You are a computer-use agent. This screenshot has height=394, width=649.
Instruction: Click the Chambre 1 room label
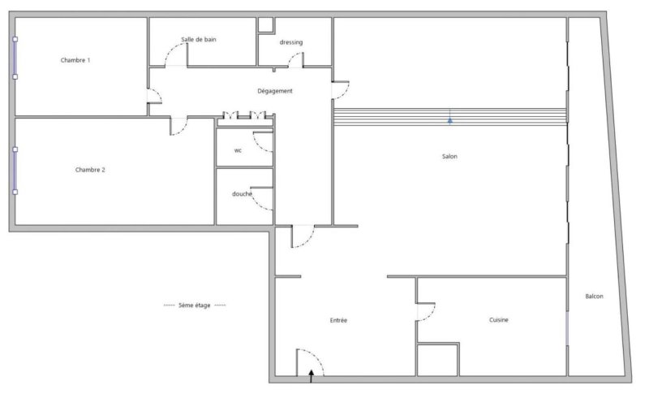75,60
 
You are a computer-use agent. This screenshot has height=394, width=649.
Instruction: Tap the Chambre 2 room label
90,170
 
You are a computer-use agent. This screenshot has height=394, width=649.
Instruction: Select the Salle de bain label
199,39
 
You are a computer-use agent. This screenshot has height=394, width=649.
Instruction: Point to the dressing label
291,42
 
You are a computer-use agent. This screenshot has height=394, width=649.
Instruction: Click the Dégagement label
275,91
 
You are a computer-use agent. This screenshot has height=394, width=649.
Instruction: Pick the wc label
238,150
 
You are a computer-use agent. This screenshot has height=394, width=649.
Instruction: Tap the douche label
242,193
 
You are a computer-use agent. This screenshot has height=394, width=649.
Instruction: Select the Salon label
449,156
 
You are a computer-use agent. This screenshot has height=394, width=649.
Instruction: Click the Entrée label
338,320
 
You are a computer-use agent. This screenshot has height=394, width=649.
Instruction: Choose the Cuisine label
498,320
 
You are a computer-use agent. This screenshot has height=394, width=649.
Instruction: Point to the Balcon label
594,297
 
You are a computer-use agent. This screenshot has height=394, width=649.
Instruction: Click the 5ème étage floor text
195,305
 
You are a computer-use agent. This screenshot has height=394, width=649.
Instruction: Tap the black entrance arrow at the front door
312,376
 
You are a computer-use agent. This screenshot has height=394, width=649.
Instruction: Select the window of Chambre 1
15,58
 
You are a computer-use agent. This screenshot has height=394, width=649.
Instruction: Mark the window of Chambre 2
15,171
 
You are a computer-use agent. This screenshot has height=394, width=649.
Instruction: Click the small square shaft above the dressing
266,24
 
